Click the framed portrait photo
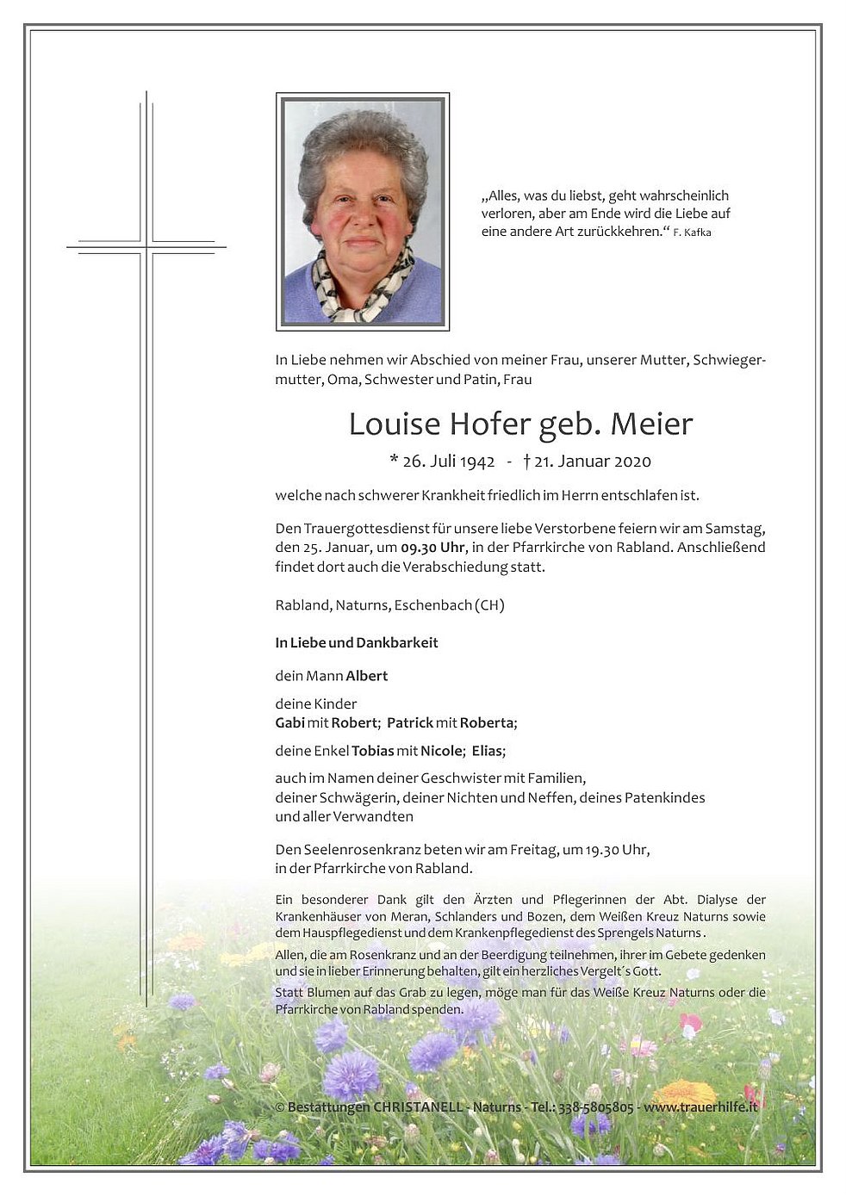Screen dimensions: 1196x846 tap(362, 212)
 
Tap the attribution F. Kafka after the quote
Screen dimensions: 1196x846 tap(693, 232)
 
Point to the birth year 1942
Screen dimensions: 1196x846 tap(477, 462)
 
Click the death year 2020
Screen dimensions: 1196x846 tap(633, 462)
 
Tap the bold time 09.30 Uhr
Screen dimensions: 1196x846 tap(433, 548)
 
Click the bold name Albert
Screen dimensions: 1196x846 tap(367, 676)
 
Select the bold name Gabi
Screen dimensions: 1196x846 tap(290, 722)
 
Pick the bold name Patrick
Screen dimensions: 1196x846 tap(410, 722)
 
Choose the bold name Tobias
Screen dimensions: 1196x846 tap(373, 751)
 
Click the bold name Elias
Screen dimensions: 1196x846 tap(488, 751)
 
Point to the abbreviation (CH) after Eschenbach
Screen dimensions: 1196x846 tap(489, 605)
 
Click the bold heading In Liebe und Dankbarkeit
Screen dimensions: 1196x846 tap(357, 642)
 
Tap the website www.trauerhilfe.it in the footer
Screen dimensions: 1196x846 tap(700, 1106)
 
